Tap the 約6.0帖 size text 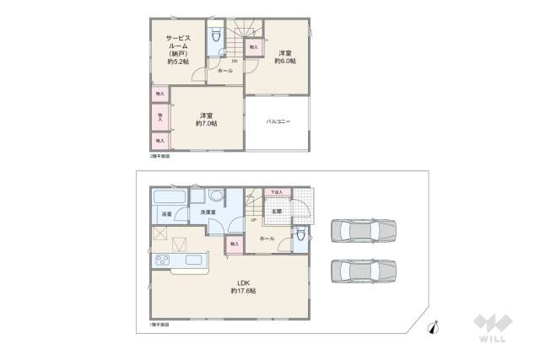pyautogui.click(x=284, y=61)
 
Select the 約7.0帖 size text pyautogui.click(x=206, y=124)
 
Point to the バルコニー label pyautogui.click(x=278, y=122)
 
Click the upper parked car pyautogui.click(x=363, y=229)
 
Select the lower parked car pyautogui.click(x=363, y=270)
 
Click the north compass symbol pyautogui.click(x=433, y=330)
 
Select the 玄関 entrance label pyautogui.click(x=276, y=211)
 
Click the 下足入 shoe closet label pyautogui.click(x=276, y=192)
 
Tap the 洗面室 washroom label pyautogui.click(x=208, y=212)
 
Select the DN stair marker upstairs pyautogui.click(x=235, y=61)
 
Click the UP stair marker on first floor pyautogui.click(x=254, y=220)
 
